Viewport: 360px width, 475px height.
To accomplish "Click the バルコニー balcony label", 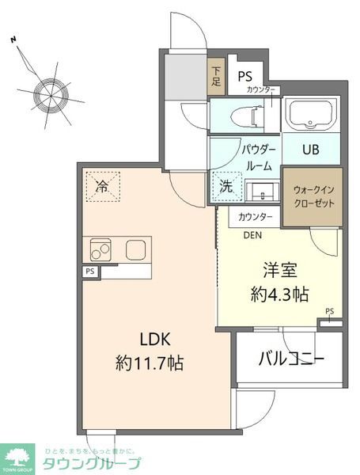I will point(292,359).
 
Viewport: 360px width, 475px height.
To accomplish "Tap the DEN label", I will point(252,234).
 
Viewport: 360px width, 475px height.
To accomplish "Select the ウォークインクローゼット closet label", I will point(313,196).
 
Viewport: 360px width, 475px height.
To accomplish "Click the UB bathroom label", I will point(312,149).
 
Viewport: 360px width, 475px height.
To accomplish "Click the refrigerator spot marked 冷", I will point(102,187).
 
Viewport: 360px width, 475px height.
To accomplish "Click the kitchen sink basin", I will point(135,251).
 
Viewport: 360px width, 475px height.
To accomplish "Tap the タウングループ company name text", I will point(94,464).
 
